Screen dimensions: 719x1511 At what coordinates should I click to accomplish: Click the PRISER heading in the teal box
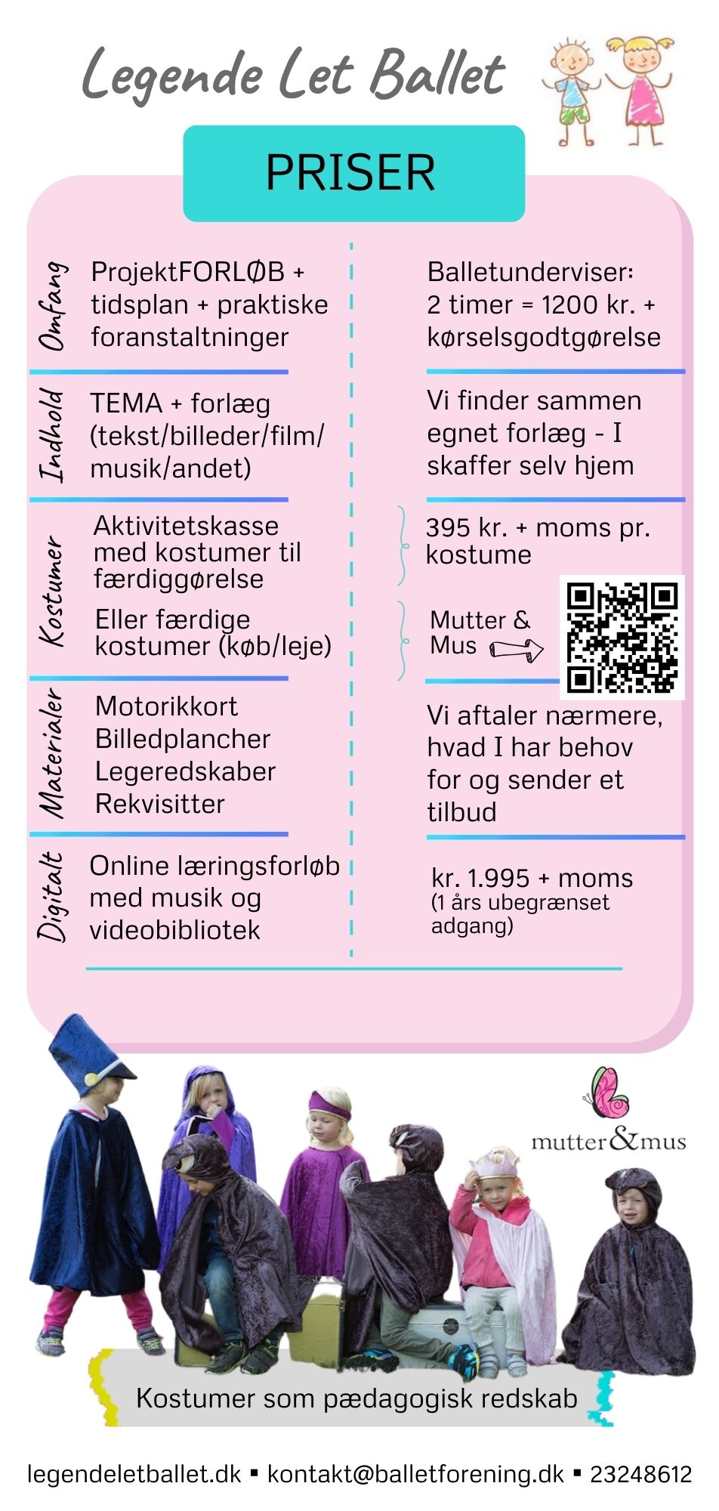pos(350,172)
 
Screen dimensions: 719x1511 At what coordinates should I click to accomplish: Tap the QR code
pos(622,637)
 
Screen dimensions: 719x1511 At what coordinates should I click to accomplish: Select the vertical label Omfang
pos(53,306)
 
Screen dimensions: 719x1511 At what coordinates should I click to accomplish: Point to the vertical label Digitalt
pos(52,897)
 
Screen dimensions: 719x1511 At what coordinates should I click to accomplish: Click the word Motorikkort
pos(166,706)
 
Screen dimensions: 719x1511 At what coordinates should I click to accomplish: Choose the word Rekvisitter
pos(160,804)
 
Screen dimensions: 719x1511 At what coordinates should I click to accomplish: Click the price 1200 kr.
pos(578,304)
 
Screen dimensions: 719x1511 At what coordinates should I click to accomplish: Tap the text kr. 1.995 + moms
pos(532,878)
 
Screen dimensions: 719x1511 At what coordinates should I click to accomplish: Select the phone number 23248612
pos(641,1473)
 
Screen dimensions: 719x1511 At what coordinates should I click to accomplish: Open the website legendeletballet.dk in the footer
pos(134,1474)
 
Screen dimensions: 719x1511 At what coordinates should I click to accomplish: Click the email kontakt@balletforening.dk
pos(416,1474)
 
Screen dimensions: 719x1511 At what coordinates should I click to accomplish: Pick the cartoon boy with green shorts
pos(572,91)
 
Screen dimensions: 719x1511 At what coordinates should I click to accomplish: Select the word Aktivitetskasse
pos(186,526)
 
